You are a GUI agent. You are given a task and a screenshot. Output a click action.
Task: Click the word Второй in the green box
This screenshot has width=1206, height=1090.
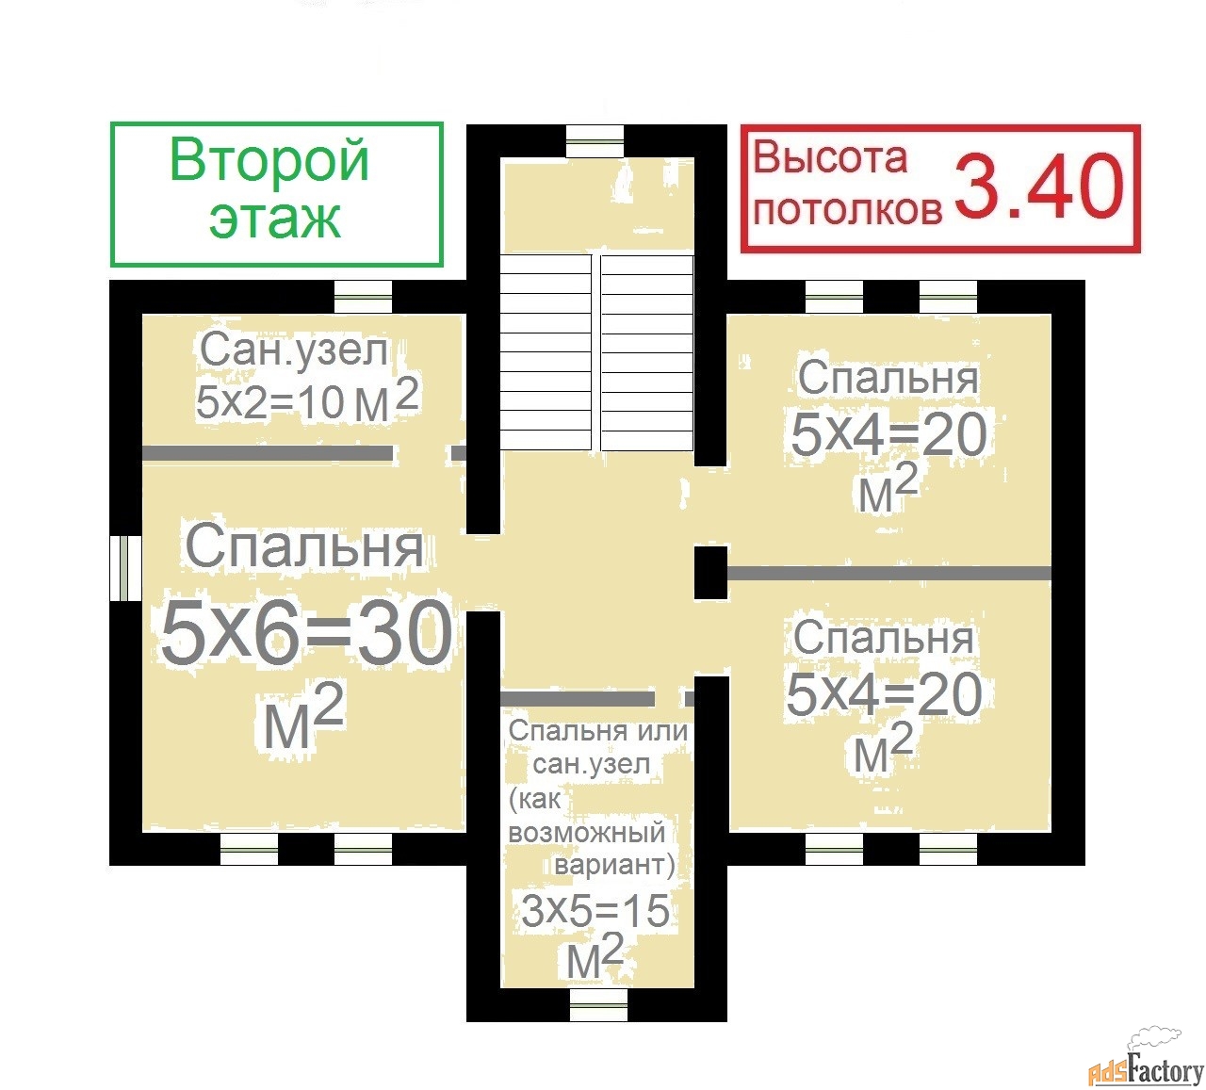tap(269, 161)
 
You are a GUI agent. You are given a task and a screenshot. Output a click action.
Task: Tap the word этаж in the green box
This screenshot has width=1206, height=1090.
tap(275, 218)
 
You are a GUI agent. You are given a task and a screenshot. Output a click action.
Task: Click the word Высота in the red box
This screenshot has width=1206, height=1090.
tap(830, 158)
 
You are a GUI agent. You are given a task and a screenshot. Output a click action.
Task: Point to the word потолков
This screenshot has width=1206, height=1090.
tap(848, 211)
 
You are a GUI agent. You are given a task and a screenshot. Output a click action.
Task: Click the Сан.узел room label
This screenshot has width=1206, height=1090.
tap(293, 350)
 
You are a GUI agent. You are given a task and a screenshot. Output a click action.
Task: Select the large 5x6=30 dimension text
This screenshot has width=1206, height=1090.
tap(306, 633)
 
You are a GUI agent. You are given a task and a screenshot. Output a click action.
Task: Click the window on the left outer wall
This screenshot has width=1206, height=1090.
tap(126, 567)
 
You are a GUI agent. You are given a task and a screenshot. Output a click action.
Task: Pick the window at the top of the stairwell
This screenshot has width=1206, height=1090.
tap(595, 142)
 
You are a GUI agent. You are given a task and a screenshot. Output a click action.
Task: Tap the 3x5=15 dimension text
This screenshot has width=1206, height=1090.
tap(595, 910)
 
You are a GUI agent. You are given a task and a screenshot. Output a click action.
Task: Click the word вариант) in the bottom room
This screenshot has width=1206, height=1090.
tap(613, 865)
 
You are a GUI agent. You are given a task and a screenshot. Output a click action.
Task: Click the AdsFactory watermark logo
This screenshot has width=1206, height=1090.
tap(1147, 1065)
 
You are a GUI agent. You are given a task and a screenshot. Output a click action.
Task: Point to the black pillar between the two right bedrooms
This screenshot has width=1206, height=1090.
tap(711, 573)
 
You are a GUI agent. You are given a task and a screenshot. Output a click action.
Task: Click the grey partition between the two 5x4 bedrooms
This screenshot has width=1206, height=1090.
tap(889, 573)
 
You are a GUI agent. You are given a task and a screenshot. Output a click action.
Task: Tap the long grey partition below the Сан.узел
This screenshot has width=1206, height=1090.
tap(267, 453)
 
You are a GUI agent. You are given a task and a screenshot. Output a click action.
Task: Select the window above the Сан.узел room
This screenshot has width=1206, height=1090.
tap(363, 297)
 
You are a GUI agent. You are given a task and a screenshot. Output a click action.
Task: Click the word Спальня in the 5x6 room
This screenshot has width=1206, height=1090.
tap(304, 547)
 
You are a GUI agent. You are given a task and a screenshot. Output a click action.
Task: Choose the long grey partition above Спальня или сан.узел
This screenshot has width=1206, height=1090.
tap(578, 699)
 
